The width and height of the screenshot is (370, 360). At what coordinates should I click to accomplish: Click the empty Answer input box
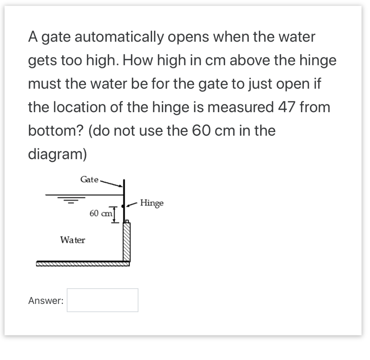(103, 300)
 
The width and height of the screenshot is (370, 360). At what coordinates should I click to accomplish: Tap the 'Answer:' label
(46, 301)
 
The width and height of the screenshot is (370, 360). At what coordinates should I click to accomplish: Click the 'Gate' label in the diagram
(90, 179)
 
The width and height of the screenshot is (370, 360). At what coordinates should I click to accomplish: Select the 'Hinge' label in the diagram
(152, 203)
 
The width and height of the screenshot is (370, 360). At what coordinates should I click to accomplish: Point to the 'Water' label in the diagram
(73, 240)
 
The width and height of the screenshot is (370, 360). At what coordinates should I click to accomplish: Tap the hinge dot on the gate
(122, 206)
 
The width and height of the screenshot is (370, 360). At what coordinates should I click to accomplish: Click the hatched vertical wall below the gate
(126, 242)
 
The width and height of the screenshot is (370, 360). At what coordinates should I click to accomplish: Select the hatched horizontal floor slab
(83, 264)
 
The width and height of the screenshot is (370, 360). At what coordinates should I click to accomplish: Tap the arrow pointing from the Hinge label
(132, 204)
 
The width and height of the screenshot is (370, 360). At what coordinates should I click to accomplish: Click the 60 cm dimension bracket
(115, 215)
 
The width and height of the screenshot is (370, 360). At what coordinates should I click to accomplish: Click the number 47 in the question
(287, 107)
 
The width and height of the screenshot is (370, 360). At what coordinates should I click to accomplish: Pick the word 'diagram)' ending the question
(57, 154)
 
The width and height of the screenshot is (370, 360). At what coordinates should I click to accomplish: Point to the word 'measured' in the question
(241, 107)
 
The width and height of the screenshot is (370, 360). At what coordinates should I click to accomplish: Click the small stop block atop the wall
(127, 221)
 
